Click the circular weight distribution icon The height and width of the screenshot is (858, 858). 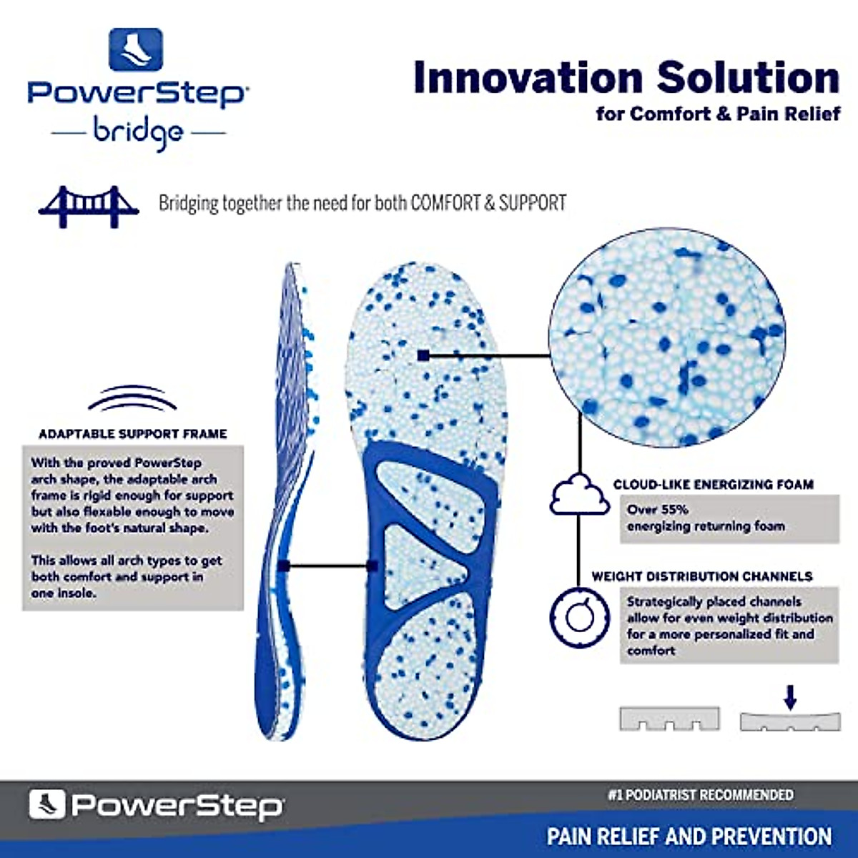580,617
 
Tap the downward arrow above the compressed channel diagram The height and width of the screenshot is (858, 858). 789,697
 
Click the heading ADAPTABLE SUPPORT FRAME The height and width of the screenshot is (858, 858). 133,434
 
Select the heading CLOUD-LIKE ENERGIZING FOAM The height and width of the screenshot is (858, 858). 713,484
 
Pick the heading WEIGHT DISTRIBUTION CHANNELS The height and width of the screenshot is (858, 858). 701,576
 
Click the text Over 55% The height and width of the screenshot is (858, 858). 657,510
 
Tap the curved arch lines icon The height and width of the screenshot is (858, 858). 132,399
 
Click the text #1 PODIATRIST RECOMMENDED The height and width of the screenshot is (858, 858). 700,795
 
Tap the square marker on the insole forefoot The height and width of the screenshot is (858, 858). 423,355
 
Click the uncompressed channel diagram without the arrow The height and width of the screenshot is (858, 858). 669,719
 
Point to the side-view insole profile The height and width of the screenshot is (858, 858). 286,500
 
